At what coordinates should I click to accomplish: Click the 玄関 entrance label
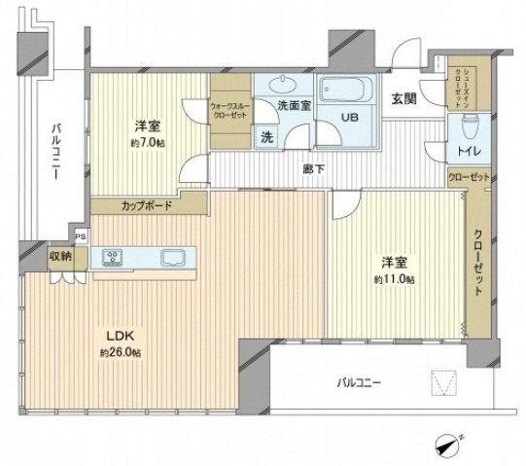coord(404,97)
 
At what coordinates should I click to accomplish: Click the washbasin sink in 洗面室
coord(286,86)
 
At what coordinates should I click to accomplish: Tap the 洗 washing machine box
coord(265,136)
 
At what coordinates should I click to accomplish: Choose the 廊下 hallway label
coord(313,168)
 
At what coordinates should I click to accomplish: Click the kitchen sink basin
coord(176,258)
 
